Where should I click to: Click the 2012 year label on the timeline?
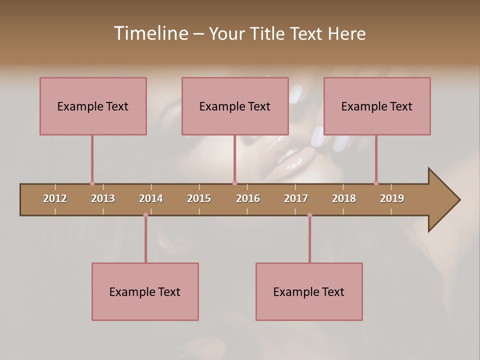click(55, 198)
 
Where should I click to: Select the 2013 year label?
click(103, 198)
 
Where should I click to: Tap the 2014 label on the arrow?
click(151, 198)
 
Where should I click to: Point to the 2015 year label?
click(199, 198)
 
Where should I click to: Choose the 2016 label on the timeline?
click(248, 198)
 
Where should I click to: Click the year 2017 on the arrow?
click(296, 198)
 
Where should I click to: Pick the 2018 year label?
click(344, 198)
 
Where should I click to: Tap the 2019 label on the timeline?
click(392, 198)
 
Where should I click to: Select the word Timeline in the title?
click(150, 33)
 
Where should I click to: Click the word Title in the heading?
click(269, 33)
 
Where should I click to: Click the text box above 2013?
click(93, 106)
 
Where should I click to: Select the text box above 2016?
click(235, 106)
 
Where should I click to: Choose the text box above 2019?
click(377, 106)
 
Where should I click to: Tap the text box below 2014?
click(145, 291)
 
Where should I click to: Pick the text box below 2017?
click(309, 291)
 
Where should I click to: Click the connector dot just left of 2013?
click(92, 183)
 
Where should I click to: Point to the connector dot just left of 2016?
click(234, 183)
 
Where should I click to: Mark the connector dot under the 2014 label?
click(145, 215)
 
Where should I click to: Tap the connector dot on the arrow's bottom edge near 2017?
click(309, 215)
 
